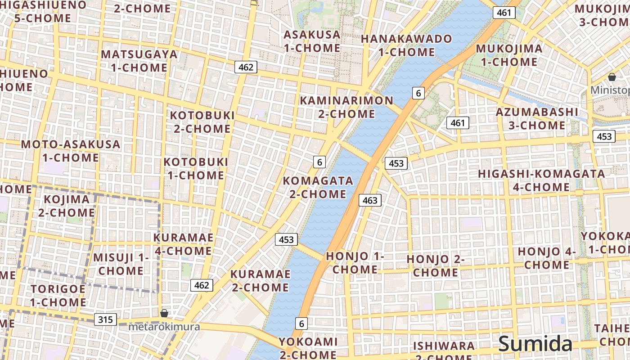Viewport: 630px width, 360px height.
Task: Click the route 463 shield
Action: (370, 200)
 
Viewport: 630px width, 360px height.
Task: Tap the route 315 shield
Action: (105, 319)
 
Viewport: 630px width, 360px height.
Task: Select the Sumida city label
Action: (535, 344)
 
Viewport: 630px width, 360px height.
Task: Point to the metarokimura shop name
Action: (164, 327)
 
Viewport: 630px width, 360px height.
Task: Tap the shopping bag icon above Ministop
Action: (612, 77)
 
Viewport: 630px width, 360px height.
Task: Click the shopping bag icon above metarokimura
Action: (164, 313)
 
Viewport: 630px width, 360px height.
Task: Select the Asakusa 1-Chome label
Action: (312, 41)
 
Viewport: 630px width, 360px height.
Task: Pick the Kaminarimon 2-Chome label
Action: (346, 107)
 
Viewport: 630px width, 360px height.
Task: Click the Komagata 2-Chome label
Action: (318, 187)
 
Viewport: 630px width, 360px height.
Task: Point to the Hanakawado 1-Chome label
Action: (406, 45)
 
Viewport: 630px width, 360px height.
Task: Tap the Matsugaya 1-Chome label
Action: (139, 61)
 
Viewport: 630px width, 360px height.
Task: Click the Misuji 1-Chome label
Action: (121, 264)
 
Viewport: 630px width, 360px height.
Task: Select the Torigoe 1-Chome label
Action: (58, 295)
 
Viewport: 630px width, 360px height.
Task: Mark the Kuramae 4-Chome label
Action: (183, 244)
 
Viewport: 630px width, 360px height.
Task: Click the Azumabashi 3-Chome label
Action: (537, 118)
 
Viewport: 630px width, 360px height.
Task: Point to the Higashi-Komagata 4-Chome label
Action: (541, 180)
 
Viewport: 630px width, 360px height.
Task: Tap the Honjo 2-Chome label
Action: (435, 265)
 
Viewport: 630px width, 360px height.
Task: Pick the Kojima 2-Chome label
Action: (66, 206)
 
